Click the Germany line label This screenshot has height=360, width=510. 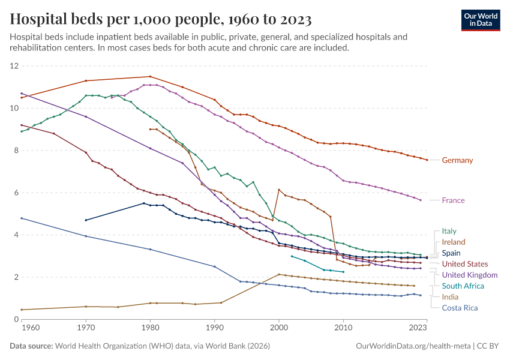[457, 160]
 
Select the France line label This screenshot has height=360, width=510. [453, 200]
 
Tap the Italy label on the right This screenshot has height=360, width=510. [449, 231]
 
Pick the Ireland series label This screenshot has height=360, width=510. [453, 242]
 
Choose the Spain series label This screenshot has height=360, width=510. [451, 253]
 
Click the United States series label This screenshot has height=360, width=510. [464, 264]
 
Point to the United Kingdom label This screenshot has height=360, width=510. [469, 275]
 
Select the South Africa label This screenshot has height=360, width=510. [463, 286]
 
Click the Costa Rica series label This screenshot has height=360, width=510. [460, 308]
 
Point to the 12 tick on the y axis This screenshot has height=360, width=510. [14, 66]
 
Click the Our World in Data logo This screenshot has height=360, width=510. [480, 20]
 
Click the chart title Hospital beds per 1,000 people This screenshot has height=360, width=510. [161, 20]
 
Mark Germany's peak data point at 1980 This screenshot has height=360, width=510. [150, 76]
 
